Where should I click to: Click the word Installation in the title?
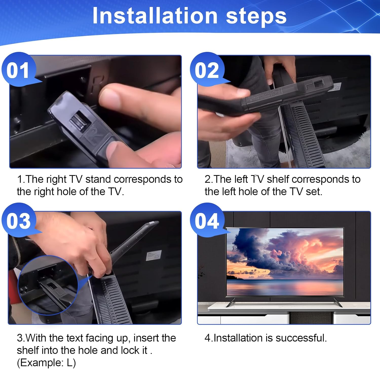pos(155,16)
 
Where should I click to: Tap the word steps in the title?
pos(256,16)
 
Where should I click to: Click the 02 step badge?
pos(207,70)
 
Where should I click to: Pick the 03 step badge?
pos(18,221)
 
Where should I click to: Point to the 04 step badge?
pos(207,221)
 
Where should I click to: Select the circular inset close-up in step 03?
pos(48,285)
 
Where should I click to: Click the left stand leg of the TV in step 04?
pos(231,302)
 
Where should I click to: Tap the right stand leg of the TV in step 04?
pos(338,302)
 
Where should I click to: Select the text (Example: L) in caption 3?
pos(46,363)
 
